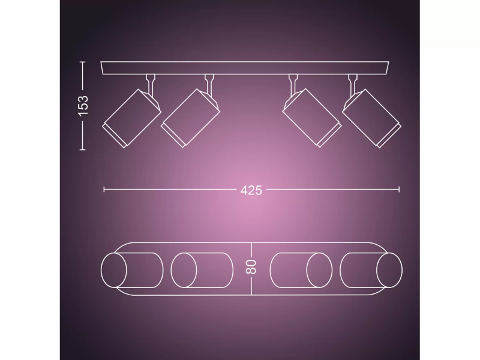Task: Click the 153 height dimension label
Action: point(83,106)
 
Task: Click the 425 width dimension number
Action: point(251,190)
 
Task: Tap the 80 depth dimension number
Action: point(251,267)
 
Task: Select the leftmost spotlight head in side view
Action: point(131,118)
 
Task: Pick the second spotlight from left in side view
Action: point(190,118)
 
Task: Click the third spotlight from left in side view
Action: point(311,118)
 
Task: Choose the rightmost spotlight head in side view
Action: point(371,118)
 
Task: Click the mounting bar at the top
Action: point(245,68)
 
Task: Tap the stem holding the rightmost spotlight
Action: point(353,83)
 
